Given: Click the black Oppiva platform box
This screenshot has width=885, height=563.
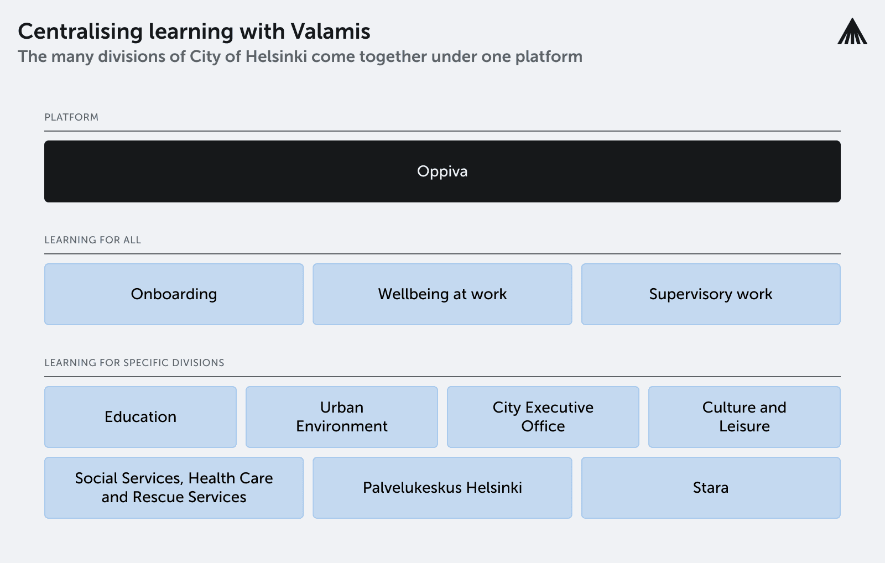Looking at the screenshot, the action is (x=442, y=171).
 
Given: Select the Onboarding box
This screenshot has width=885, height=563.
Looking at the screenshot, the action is (x=174, y=294).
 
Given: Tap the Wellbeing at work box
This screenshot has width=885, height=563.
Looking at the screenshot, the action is (x=442, y=294).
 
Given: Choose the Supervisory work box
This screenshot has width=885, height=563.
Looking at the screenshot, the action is (x=711, y=294).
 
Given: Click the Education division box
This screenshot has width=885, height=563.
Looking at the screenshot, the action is (x=140, y=417).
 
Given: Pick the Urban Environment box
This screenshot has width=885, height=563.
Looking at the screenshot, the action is (x=342, y=417).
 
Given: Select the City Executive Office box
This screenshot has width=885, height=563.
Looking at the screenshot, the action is (x=543, y=417).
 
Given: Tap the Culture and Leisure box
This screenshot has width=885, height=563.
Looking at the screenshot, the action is (x=745, y=417).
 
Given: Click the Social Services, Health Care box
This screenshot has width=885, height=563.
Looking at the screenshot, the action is (x=174, y=488).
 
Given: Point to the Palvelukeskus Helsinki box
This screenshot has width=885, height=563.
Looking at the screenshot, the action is (x=442, y=488).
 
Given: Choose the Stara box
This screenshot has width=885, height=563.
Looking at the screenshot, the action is (x=711, y=488).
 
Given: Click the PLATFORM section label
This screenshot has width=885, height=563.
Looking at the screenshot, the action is (x=71, y=117).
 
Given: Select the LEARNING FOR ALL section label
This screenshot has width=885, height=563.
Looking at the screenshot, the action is (x=93, y=240).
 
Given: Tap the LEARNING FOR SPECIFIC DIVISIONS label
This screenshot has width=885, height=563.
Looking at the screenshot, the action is (x=134, y=363).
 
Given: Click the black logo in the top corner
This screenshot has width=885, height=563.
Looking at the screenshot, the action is (x=852, y=31).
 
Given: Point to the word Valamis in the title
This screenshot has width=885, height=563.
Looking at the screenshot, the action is (x=330, y=31).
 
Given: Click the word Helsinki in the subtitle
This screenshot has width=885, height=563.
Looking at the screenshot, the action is (x=276, y=56).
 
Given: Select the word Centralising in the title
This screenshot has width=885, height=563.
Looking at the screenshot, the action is (x=80, y=32).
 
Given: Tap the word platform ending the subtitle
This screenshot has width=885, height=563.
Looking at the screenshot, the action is (x=549, y=57).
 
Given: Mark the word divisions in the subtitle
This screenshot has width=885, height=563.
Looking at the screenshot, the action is (x=131, y=56).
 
